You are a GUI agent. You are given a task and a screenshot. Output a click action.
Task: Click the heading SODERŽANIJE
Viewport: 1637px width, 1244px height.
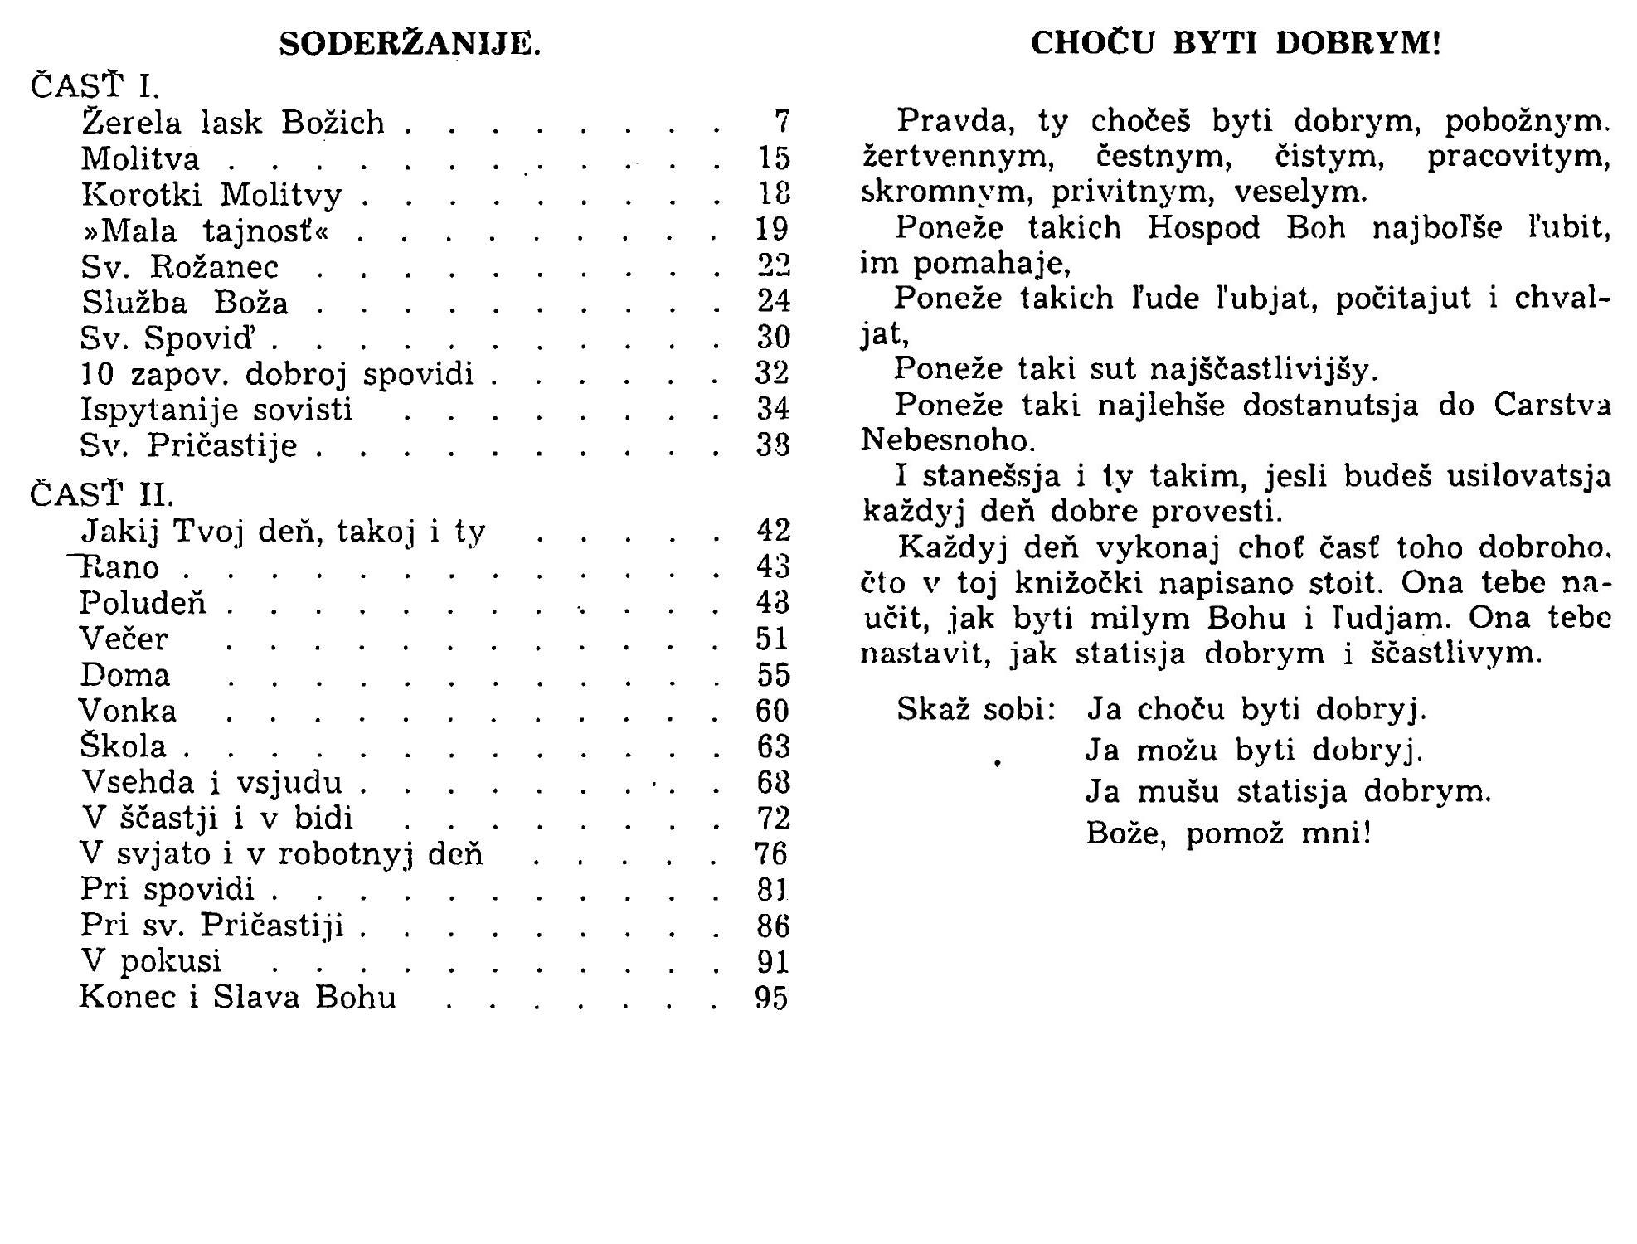click(x=410, y=44)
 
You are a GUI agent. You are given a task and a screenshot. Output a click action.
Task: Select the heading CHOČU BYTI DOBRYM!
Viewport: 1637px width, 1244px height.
click(x=1236, y=43)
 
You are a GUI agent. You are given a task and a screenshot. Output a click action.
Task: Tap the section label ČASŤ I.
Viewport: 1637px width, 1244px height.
click(x=95, y=85)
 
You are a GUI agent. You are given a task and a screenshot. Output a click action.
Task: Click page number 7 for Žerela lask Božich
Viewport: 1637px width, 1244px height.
click(x=781, y=123)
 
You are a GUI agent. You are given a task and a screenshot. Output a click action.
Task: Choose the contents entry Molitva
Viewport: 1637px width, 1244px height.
click(x=141, y=158)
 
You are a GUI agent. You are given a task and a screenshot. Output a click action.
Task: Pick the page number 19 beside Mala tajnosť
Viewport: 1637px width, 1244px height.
click(x=773, y=229)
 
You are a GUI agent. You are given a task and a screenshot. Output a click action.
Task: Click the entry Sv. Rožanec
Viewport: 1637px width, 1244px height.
click(x=180, y=266)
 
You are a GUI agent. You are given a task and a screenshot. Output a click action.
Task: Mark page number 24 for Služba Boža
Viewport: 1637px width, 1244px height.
click(x=773, y=300)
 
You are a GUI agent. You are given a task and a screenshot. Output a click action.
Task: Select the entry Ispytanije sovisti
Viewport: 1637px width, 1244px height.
click(x=216, y=409)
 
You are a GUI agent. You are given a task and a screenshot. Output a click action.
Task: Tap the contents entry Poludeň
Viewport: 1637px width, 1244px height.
click(x=143, y=603)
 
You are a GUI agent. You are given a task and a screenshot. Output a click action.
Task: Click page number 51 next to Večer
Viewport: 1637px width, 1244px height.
click(x=773, y=639)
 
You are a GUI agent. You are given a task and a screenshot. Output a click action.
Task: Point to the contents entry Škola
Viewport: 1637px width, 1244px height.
click(x=124, y=746)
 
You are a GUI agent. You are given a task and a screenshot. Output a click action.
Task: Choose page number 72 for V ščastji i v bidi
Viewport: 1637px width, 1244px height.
click(x=773, y=819)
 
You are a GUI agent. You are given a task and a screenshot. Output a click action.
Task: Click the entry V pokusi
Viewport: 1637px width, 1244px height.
click(x=152, y=961)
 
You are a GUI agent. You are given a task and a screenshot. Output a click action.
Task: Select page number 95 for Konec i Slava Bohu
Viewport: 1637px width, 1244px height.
click(x=771, y=998)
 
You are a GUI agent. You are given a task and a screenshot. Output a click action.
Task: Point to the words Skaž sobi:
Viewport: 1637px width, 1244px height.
click(x=976, y=710)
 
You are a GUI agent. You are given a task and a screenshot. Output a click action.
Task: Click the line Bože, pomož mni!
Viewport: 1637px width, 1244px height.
click(x=1228, y=833)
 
